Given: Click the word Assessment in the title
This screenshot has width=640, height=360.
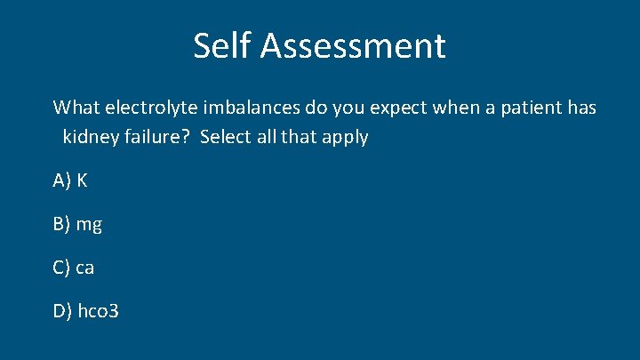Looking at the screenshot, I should pos(352,45).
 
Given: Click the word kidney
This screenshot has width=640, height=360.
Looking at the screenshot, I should pos(89,138).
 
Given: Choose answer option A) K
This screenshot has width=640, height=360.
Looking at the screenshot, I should pos(70,180).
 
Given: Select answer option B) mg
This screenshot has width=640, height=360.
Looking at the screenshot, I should pos(77,225).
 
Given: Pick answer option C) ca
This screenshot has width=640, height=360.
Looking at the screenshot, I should pos(74,268).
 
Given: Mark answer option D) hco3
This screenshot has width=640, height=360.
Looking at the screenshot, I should pos(85,311).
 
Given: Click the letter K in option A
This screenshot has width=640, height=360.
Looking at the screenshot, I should pos(82,180).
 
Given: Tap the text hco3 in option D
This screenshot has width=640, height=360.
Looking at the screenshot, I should pos(97,311).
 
